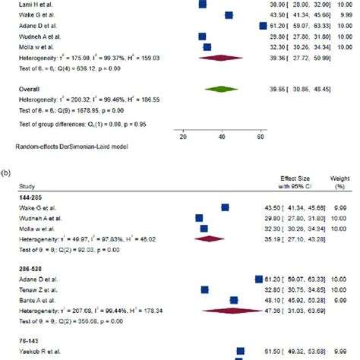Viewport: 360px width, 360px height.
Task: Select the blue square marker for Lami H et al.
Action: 202,4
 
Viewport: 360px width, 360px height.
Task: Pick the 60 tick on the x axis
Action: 261,137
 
